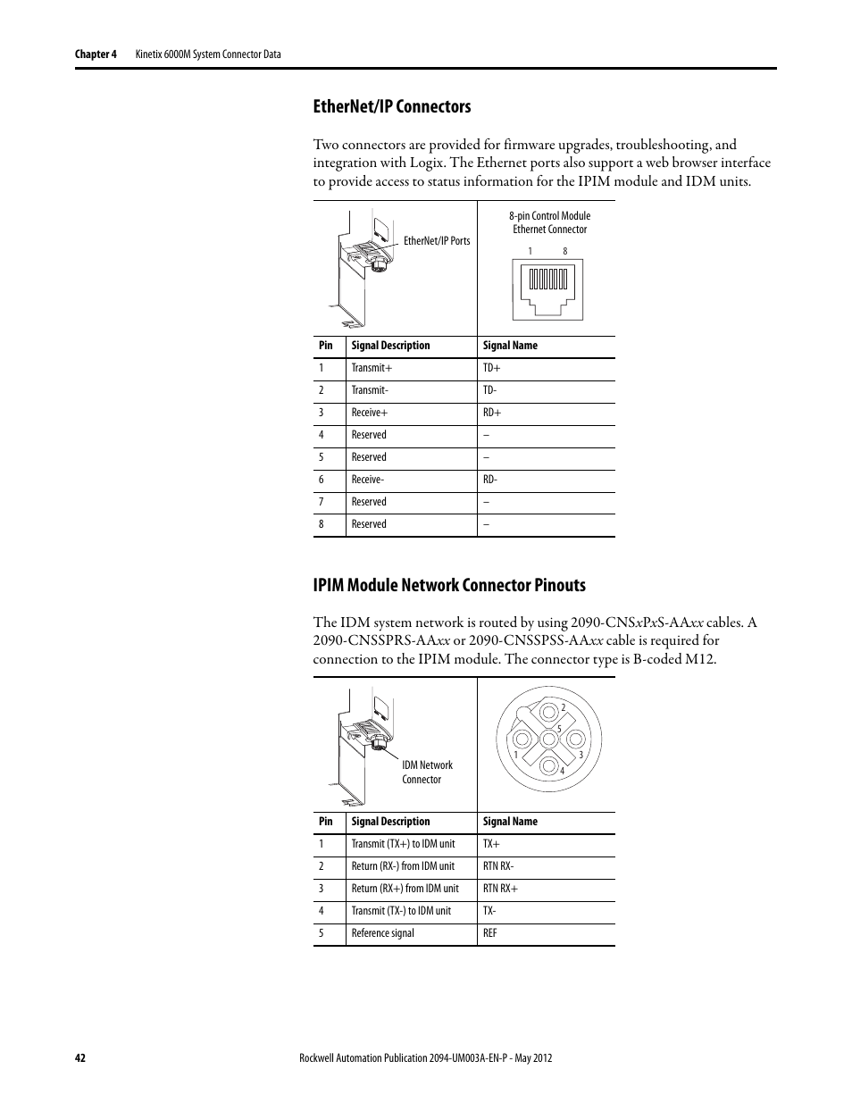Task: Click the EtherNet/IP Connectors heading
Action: pos(392,106)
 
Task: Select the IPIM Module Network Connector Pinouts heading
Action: pos(449,585)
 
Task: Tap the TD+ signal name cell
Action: pos(492,368)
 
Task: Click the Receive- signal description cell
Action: pos(368,480)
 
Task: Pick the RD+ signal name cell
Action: pos(492,413)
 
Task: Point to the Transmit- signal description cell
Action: pos(370,390)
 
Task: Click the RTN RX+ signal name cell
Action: pos(500,889)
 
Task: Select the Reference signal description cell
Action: pos(382,933)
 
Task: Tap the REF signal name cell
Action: pos(489,933)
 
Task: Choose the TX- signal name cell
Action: pos(489,911)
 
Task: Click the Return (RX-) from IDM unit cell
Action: pos(403,866)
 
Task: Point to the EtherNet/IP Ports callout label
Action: pos(437,241)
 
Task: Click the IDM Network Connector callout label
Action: pos(427,773)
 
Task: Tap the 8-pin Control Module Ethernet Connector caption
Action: pos(549,222)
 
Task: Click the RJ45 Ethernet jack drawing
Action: pos(547,286)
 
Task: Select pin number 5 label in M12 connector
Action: pos(559,728)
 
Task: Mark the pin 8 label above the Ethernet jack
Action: pos(565,251)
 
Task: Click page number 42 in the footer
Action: pos(79,1057)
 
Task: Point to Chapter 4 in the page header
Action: pos(96,54)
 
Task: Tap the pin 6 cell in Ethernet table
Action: pos(322,480)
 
